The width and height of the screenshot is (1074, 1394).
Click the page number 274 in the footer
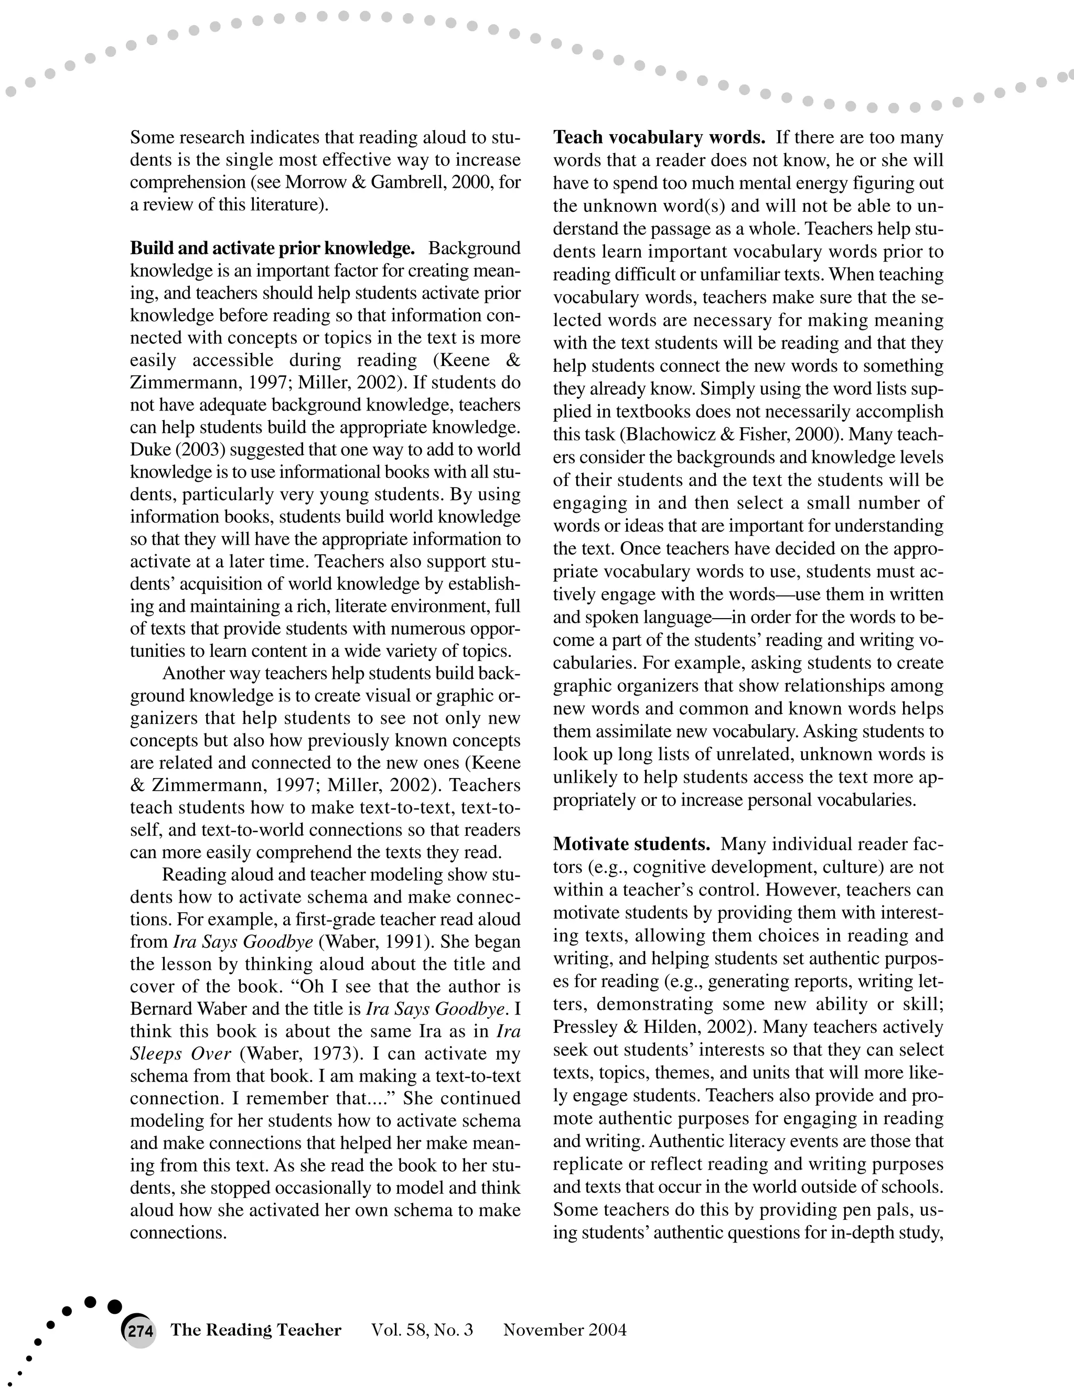[141, 1331]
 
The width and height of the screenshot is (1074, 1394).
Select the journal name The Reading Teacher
[255, 1330]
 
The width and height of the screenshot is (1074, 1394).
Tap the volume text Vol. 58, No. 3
[422, 1330]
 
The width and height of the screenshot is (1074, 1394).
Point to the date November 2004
[564, 1330]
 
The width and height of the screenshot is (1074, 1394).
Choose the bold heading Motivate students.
[631, 844]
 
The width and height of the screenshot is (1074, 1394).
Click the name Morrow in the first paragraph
[314, 182]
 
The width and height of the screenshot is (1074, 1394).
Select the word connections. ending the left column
[178, 1232]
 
